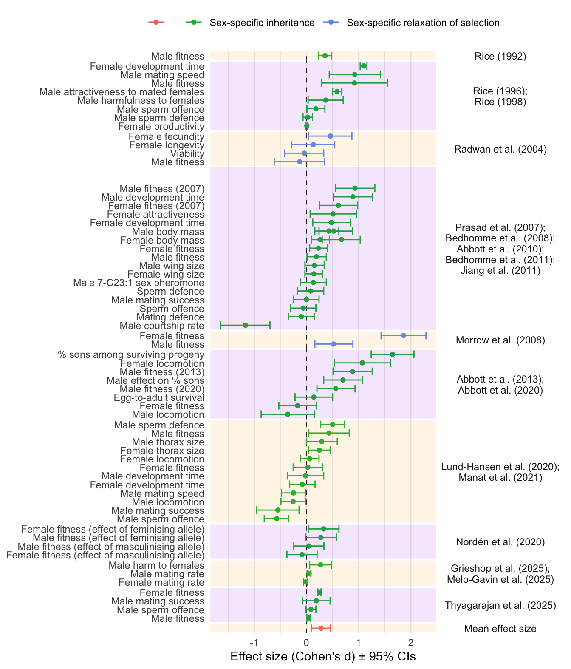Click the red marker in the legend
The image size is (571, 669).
click(156, 22)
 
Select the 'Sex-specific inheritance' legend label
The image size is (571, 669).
click(262, 23)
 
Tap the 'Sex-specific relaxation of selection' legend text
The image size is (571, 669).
click(423, 23)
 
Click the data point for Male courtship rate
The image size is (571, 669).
click(245, 325)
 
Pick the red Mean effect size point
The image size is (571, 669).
click(321, 628)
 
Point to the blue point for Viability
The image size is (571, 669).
click(304, 153)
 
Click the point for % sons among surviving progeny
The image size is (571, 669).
click(392, 354)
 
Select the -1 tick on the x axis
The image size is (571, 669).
click(254, 641)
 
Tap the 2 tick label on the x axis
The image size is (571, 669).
click(410, 641)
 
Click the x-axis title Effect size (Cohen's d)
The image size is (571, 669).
click(323, 657)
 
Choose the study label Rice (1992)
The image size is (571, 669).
click(500, 56)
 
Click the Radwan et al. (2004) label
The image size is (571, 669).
click(500, 149)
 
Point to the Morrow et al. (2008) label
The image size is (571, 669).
click(500, 340)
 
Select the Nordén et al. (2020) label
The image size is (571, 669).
click(500, 542)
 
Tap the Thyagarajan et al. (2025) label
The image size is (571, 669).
click(500, 606)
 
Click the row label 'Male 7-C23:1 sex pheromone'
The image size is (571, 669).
click(139, 283)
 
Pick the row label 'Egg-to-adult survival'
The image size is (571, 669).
click(159, 398)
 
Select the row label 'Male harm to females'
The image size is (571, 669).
click(156, 565)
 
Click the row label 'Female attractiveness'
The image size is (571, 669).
click(155, 214)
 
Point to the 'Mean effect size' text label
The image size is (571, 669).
click(500, 629)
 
